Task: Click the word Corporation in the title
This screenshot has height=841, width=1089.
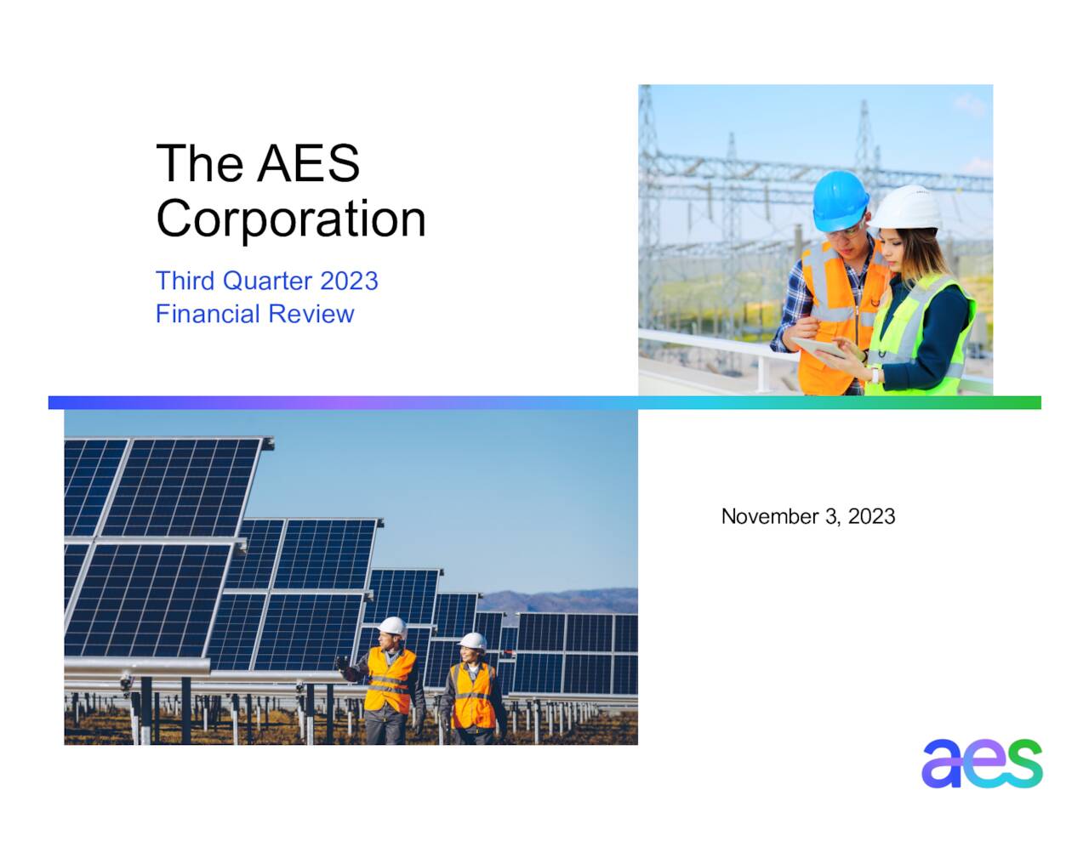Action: click(290, 219)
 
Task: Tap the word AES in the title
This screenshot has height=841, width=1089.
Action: click(308, 163)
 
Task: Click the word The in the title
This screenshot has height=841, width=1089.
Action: click(199, 163)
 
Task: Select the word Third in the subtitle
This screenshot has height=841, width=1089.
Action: click(185, 281)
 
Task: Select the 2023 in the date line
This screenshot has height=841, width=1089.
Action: click(871, 516)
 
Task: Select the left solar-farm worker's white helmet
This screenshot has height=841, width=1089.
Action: click(392, 627)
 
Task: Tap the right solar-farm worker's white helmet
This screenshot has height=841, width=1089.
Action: click(472, 641)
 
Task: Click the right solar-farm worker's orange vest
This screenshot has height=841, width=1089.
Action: click(472, 696)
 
